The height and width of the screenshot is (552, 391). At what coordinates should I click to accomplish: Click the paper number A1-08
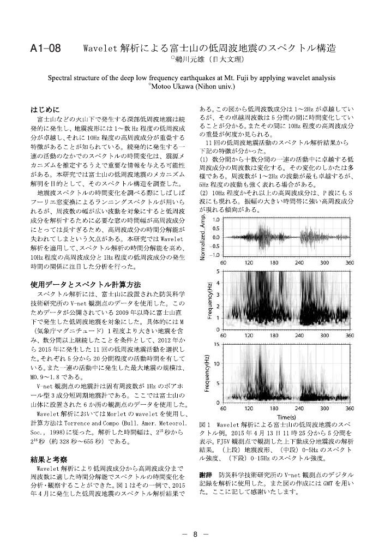click(x=45, y=49)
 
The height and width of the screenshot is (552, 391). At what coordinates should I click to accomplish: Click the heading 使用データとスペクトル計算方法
click(x=85, y=284)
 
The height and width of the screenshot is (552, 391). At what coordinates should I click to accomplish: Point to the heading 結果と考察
click(x=49, y=459)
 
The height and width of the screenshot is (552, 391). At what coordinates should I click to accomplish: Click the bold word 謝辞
click(x=205, y=475)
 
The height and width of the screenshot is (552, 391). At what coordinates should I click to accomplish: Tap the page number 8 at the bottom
click(x=195, y=534)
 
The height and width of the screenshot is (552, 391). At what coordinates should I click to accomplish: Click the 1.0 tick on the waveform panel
click(x=215, y=220)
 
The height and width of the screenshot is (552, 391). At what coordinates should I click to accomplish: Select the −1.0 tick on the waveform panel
click(x=214, y=255)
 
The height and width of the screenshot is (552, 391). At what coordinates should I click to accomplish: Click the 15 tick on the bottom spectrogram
click(x=217, y=344)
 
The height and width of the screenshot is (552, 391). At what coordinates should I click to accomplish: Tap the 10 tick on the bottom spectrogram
click(x=217, y=364)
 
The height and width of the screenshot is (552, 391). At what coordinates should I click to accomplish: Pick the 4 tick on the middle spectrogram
click(x=218, y=283)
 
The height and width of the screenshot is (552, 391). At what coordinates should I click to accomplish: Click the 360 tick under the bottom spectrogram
click(x=350, y=408)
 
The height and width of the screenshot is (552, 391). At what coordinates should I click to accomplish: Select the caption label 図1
click(x=204, y=424)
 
